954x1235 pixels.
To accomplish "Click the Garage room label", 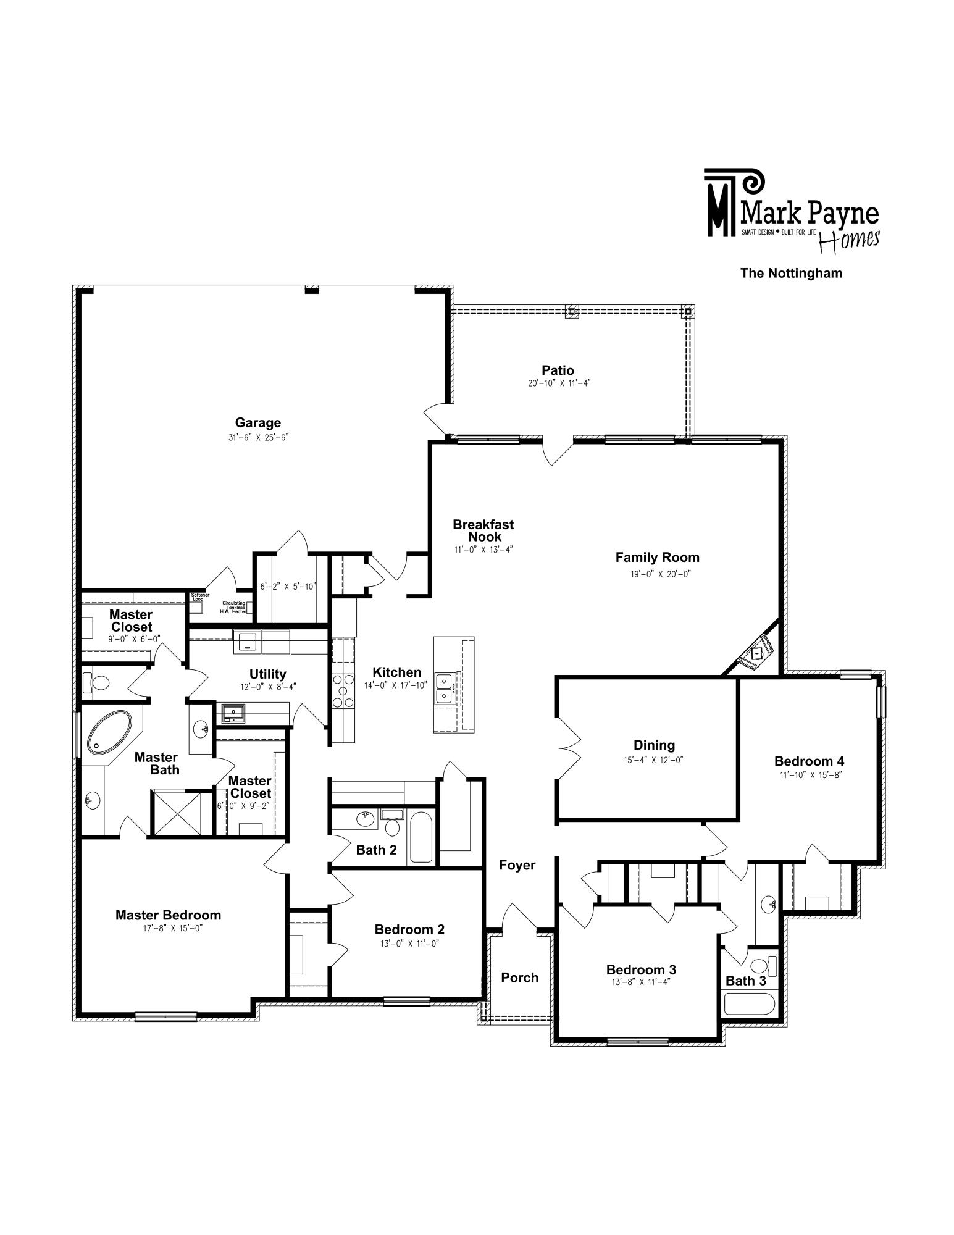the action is (258, 423).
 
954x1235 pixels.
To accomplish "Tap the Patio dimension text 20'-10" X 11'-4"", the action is (558, 383).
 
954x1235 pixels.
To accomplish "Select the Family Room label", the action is (657, 557).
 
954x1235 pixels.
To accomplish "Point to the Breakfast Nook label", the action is (483, 530).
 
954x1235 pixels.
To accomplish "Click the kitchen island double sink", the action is (446, 688).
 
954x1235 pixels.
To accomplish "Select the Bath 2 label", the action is (377, 850).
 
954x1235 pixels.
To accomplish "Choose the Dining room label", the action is (654, 745).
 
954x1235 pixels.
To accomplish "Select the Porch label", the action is (520, 978).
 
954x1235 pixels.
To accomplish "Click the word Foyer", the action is (517, 865).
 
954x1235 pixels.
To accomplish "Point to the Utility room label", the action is (267, 674).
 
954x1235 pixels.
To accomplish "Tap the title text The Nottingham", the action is (792, 273).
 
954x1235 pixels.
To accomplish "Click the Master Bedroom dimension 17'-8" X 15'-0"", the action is (169, 927).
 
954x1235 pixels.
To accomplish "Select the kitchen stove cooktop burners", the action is (343, 690).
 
